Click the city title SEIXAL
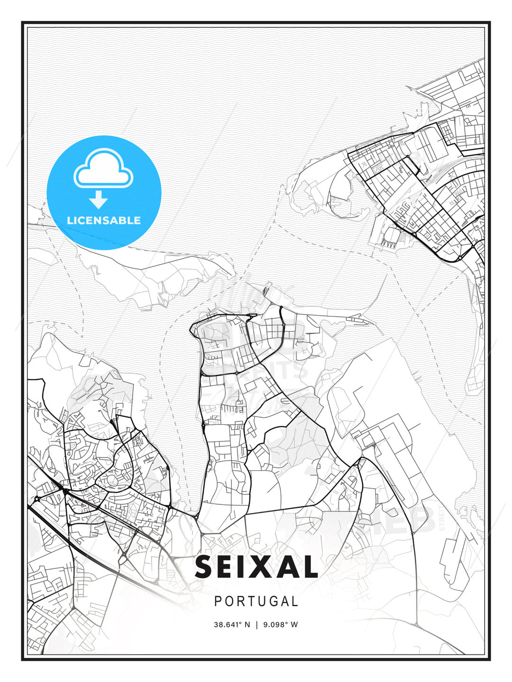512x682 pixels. point(256,567)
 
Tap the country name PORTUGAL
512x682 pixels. point(256,601)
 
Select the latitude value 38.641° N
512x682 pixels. point(231,624)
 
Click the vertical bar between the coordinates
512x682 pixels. point(256,624)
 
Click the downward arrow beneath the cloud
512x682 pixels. point(99,200)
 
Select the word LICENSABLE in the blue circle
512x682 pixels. point(104,220)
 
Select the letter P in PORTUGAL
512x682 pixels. point(218,601)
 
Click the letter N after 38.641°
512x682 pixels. point(247,624)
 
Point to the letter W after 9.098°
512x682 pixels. point(294,624)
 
